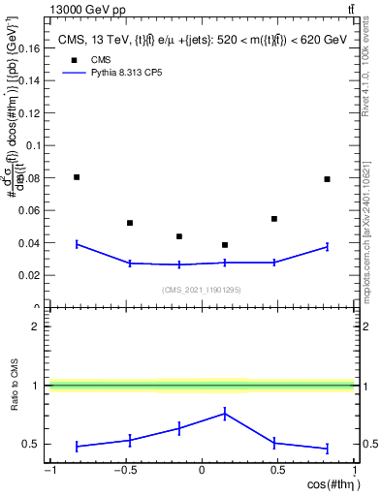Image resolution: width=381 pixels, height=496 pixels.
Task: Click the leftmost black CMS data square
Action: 77,177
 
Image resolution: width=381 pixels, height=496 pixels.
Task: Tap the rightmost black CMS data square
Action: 328,179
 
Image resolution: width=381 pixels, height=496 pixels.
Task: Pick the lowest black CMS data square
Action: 225,245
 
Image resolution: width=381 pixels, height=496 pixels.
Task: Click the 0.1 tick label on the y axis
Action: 31,145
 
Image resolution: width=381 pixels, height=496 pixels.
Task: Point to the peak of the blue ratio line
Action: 225,413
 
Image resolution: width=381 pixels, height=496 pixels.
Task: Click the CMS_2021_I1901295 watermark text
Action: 202,290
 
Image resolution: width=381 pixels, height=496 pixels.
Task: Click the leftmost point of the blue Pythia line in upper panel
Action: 77,244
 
